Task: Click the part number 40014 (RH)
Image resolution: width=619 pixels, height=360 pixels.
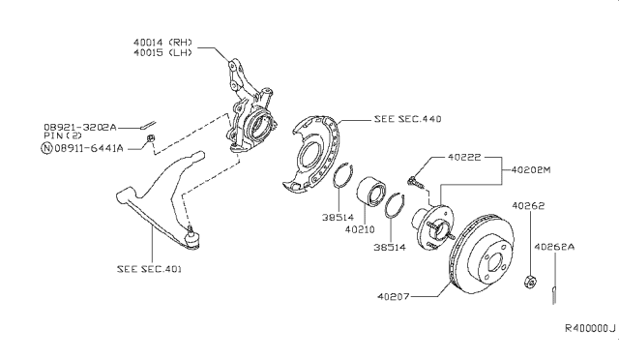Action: [x=162, y=43]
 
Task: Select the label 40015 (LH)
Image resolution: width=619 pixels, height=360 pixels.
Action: [x=162, y=52]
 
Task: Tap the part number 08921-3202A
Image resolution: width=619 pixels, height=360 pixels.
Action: [x=80, y=127]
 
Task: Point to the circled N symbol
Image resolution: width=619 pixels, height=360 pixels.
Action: [x=46, y=148]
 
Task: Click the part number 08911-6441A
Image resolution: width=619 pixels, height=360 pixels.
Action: [x=89, y=148]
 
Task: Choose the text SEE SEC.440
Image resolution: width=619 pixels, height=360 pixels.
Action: [x=407, y=119]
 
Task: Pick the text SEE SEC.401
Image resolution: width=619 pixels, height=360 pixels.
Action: [x=149, y=269]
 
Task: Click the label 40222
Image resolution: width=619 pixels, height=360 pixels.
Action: [x=464, y=158]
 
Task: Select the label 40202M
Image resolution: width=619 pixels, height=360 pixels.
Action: [x=531, y=170]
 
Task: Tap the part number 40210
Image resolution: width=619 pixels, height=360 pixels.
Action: [x=360, y=229]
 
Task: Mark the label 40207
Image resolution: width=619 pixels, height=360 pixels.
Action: [x=394, y=296]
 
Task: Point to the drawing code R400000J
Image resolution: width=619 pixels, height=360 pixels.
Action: [x=590, y=328]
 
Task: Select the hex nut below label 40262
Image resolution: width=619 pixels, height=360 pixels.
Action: [x=531, y=282]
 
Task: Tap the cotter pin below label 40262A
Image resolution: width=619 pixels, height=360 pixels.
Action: [x=554, y=295]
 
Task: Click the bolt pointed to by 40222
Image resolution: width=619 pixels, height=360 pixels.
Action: [x=414, y=182]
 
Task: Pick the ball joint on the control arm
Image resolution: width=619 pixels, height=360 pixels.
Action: [x=192, y=237]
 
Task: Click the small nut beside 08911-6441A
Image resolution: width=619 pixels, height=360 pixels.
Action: [x=150, y=138]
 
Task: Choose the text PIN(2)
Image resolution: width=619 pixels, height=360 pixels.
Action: [x=63, y=135]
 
